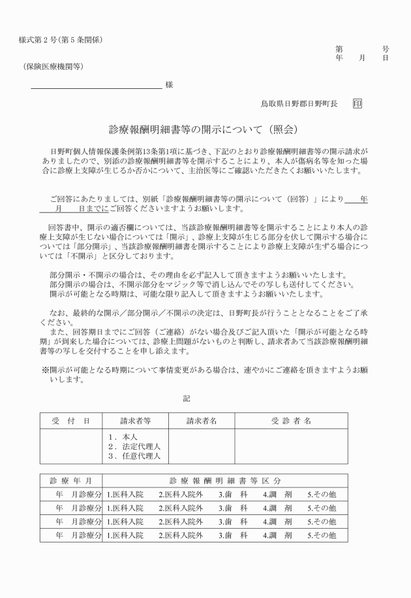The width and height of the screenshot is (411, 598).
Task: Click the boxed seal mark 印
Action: click(358, 103)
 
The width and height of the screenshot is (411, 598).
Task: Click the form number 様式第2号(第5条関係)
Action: click(61, 40)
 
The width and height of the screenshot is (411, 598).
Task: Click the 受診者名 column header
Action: click(291, 421)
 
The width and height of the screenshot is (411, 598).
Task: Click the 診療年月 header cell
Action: click(71, 480)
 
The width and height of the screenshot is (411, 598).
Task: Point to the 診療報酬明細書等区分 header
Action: click(225, 480)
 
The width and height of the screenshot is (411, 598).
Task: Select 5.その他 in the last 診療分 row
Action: click(322, 535)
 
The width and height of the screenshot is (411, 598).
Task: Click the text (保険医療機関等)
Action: click(51, 67)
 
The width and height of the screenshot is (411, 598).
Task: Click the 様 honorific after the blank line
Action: click(169, 84)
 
